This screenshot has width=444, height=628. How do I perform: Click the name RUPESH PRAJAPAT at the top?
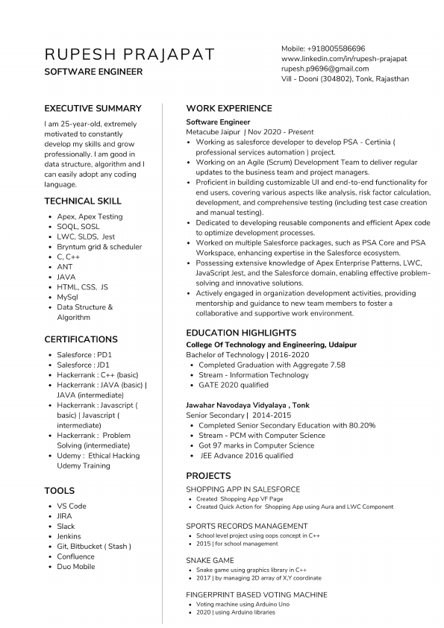coord(129,54)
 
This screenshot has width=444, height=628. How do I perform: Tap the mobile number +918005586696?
coord(323,48)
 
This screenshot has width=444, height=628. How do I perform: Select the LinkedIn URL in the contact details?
coord(344,58)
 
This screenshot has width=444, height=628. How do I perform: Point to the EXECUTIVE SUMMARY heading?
coord(93,108)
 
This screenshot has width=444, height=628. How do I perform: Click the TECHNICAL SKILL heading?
coord(83,201)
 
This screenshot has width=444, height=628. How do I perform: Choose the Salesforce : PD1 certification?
coord(84,354)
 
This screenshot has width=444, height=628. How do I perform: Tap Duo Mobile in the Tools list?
coord(76,567)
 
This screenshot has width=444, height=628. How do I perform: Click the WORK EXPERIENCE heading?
coord(228,108)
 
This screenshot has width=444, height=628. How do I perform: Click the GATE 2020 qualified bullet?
coord(234,385)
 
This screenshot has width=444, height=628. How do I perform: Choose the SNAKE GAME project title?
coord(210,560)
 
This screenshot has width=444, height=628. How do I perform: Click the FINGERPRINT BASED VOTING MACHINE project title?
coord(256,594)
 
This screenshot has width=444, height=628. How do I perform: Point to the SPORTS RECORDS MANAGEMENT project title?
coord(246,526)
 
